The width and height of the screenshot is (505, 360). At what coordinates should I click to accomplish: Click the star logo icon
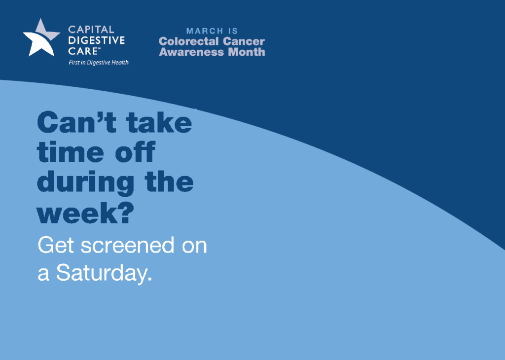click(41, 38)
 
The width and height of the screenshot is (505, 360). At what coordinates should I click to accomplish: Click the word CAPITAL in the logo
click(91, 30)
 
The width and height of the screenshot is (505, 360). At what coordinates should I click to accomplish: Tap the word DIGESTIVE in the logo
click(97, 40)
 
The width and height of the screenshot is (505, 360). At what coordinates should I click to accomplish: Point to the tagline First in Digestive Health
click(99, 63)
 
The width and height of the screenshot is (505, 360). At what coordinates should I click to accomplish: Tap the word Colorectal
click(189, 41)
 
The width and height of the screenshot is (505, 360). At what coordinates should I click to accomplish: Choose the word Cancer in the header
click(244, 41)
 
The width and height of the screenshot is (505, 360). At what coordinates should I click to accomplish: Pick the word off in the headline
click(136, 151)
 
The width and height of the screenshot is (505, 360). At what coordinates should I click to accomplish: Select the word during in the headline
click(86, 182)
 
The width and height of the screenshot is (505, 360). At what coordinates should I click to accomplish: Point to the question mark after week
click(126, 213)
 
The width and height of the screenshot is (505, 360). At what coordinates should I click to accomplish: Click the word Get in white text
click(56, 246)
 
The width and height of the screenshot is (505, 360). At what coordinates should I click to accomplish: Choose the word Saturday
click(104, 274)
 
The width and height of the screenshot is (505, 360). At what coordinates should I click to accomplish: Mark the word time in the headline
click(71, 151)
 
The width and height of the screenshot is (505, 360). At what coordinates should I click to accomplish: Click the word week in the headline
click(77, 213)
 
